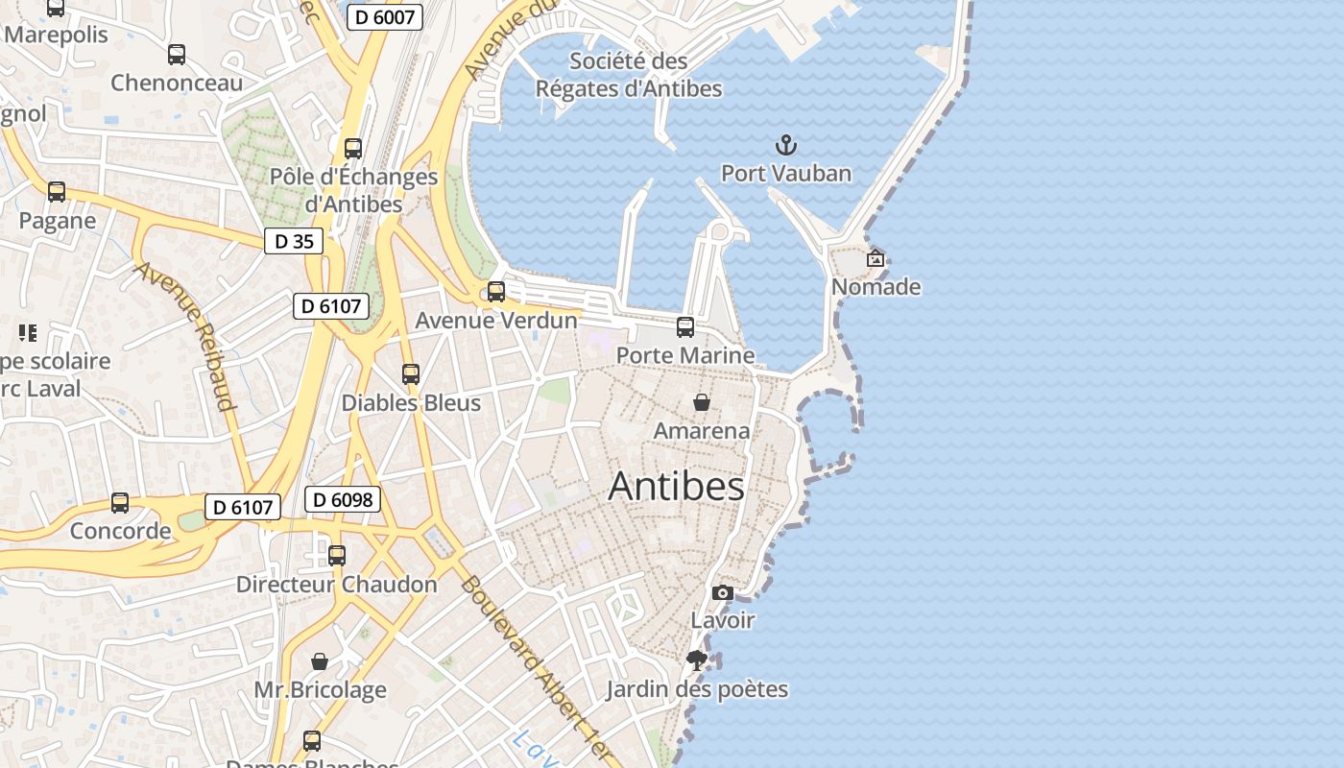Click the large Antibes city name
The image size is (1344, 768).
[677, 487]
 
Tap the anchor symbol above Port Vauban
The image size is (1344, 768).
[786, 146]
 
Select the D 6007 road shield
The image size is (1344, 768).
[384, 16]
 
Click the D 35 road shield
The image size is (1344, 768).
[294, 241]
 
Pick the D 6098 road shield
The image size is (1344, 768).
[343, 499]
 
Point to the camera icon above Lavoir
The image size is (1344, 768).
[723, 593]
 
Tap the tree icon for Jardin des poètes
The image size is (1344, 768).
[697, 660]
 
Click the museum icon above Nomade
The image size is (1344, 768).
[876, 258]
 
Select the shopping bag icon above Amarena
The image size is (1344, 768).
[702, 402]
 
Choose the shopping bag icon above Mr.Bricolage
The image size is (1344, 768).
[320, 661]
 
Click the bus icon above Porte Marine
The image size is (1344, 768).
[685, 327]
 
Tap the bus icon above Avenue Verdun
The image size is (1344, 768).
[496, 292]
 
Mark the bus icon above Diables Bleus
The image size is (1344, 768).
[411, 374]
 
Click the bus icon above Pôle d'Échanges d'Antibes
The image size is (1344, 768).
[353, 149]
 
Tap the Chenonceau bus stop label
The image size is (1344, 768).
[177, 83]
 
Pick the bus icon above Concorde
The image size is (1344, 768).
[120, 503]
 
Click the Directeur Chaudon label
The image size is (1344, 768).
[336, 584]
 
